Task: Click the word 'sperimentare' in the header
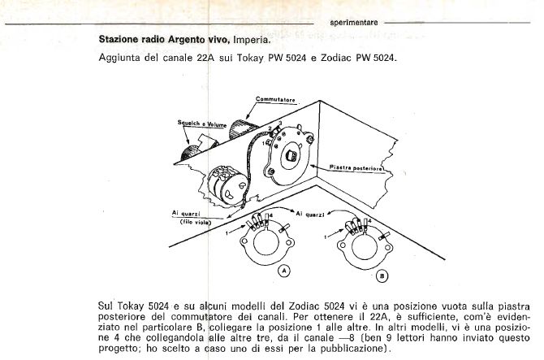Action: pyautogui.click(x=354, y=23)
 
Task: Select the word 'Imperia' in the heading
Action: pyautogui.click(x=251, y=40)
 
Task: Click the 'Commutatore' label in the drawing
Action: pyautogui.click(x=275, y=100)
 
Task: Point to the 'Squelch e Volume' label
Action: pyautogui.click(x=202, y=124)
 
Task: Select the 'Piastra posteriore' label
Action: pyautogui.click(x=356, y=167)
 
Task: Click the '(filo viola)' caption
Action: pyautogui.click(x=196, y=222)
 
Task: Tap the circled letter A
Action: pyautogui.click(x=284, y=271)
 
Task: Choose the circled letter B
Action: pyautogui.click(x=382, y=276)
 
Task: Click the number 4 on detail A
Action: pyautogui.click(x=271, y=215)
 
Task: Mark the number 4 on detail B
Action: pyautogui.click(x=369, y=220)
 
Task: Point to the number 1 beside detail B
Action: pyautogui.click(x=325, y=236)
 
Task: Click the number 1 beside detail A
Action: pyautogui.click(x=227, y=233)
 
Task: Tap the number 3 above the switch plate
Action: pyautogui.click(x=280, y=124)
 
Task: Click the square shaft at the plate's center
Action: pyautogui.click(x=291, y=155)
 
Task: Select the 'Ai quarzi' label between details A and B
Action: pyautogui.click(x=310, y=215)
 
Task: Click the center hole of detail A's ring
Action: pyautogui.click(x=266, y=243)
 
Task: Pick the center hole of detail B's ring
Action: pyautogui.click(x=365, y=247)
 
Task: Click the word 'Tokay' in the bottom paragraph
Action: pyautogui.click(x=131, y=306)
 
